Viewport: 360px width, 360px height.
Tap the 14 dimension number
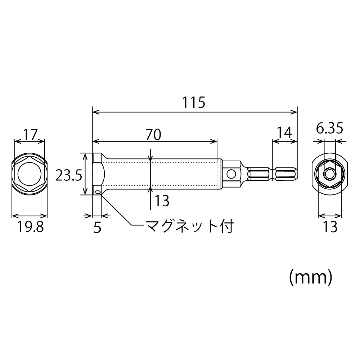(284, 132)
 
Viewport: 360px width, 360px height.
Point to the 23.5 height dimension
(69, 175)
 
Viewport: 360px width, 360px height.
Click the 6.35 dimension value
(329, 128)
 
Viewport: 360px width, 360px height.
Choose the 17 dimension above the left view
(30, 135)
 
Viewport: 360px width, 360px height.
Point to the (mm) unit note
(310, 278)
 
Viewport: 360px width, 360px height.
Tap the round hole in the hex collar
(231, 175)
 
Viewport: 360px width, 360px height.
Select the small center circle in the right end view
(329, 174)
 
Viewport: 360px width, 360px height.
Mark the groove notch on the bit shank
(273, 174)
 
